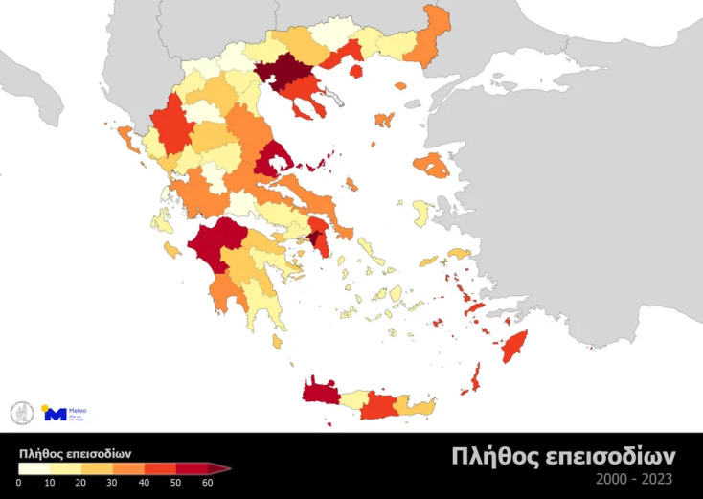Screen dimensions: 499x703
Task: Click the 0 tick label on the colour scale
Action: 19,483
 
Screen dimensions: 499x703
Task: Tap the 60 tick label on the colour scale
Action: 208,483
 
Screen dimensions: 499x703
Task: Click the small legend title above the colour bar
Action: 75,453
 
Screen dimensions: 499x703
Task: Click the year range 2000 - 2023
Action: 633,478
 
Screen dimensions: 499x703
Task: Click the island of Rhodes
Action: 514,347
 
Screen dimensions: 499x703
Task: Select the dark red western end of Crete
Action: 320,391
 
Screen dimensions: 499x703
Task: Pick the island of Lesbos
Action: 434,166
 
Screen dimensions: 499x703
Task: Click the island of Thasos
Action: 356,71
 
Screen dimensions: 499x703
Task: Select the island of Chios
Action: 420,212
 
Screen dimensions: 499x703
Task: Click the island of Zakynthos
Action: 173,250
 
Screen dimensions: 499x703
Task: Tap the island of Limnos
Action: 384,120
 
